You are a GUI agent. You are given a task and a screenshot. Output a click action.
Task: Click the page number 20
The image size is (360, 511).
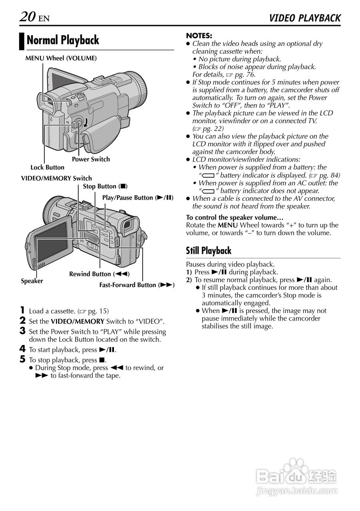tap(27, 16)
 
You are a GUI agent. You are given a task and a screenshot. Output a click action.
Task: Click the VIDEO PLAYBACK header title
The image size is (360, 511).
tap(305, 18)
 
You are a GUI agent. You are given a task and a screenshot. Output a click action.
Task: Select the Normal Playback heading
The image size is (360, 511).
tap(63, 41)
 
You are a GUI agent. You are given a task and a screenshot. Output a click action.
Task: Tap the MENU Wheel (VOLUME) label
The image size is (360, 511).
tap(61, 58)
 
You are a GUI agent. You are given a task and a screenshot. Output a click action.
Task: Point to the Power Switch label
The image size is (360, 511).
tap(91, 159)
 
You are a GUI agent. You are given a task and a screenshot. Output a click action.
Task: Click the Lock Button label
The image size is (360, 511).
tap(47, 167)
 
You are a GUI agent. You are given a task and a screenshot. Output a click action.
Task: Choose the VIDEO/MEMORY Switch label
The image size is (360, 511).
tap(56, 178)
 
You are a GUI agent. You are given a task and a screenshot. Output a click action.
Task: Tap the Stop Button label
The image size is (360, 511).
tap(105, 186)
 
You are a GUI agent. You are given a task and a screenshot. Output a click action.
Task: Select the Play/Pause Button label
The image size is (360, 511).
tap(138, 198)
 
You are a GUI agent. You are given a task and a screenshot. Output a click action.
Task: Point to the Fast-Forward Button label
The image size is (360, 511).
tap(137, 285)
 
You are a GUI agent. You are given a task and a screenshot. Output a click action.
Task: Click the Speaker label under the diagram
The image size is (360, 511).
tap(32, 281)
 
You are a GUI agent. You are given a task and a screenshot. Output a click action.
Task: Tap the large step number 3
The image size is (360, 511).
tap(23, 331)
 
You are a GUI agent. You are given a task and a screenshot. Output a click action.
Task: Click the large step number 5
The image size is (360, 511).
tap(23, 359)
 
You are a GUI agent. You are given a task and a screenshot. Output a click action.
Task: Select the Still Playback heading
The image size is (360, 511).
tap(209, 251)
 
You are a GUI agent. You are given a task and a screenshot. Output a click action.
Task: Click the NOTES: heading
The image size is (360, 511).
tap(199, 36)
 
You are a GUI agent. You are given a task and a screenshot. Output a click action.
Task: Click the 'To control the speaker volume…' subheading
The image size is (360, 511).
tap(235, 218)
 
